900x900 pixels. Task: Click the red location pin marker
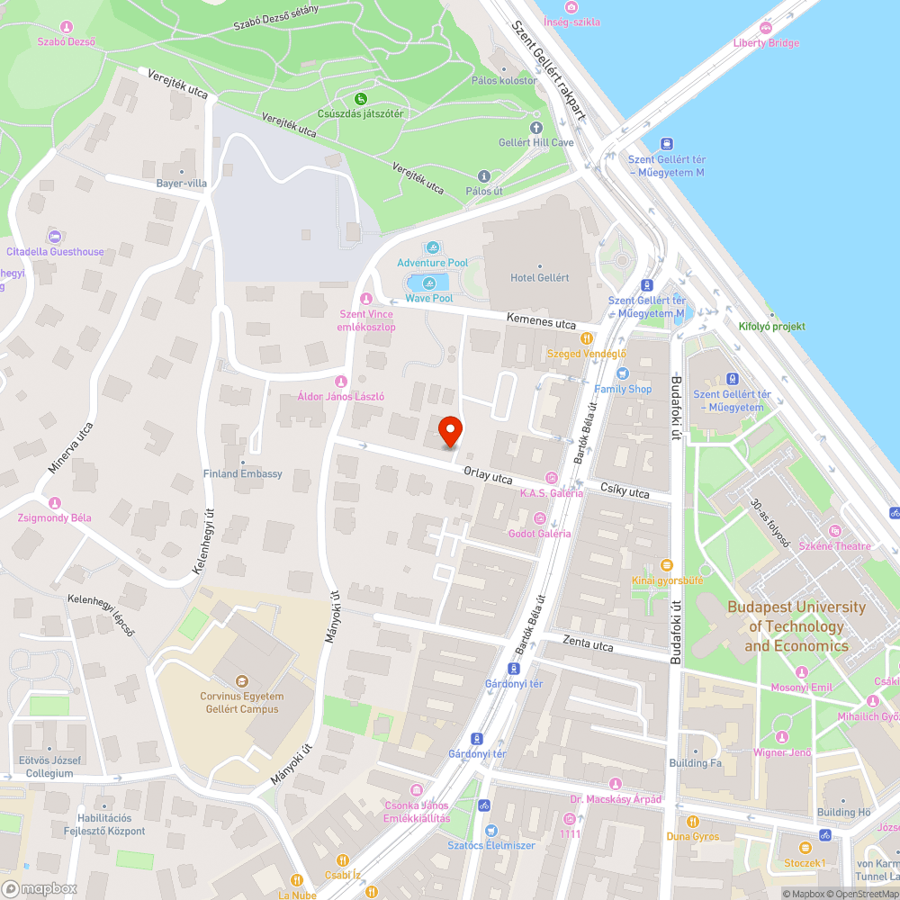coord(450,431)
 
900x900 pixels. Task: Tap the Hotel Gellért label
coord(540,277)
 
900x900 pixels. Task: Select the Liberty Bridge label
coord(766,42)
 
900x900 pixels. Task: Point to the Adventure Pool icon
coord(433,247)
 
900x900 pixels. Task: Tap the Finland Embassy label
coord(243,473)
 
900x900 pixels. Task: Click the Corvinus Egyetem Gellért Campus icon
coord(240,681)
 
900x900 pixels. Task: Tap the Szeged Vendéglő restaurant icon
coord(587,338)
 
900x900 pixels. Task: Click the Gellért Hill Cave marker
coord(536,128)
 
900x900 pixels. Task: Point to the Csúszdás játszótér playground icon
coord(360,99)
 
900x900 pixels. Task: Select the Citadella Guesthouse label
coord(55,252)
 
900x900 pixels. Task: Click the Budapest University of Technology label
coord(796,626)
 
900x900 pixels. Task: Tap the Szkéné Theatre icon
coord(834,531)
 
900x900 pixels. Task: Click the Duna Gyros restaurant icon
coord(692,822)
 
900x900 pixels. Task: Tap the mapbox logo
coord(42,888)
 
